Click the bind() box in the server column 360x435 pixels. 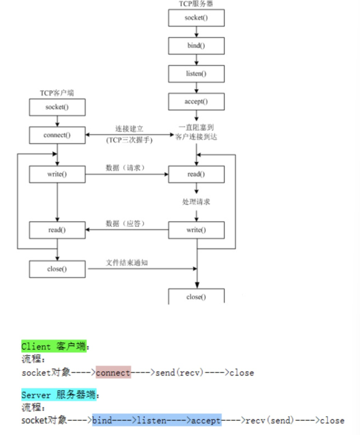[196, 45]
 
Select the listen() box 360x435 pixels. [196, 73]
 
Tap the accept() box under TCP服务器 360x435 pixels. [196, 101]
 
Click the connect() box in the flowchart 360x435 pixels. [57, 135]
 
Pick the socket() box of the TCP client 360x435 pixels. [57, 107]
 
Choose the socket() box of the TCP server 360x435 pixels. [196, 18]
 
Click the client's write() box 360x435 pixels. [57, 174]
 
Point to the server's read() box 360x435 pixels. [196, 174]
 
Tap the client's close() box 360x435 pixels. [57, 269]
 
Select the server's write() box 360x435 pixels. [196, 230]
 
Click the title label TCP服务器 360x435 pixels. [196, 4]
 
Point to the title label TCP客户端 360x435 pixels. [56, 93]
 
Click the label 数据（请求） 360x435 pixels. [125, 168]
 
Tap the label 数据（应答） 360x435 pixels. [125, 223]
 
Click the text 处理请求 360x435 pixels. [196, 202]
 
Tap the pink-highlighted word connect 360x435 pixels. [113, 372]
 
